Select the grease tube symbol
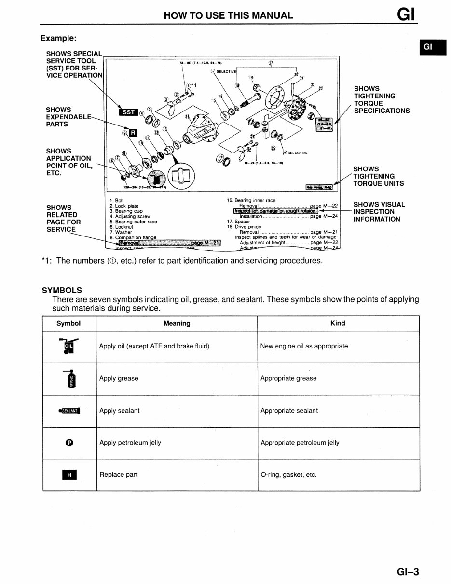(x=70, y=378)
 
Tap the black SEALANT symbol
(x=69, y=411)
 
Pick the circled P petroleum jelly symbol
(x=69, y=443)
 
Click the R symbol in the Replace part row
(x=69, y=475)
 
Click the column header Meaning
(x=177, y=323)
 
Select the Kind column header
(x=338, y=323)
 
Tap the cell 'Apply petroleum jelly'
(x=130, y=443)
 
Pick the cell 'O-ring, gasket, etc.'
(x=288, y=475)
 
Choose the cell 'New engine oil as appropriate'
(x=304, y=346)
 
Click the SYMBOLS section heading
(x=62, y=290)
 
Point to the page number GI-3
(x=408, y=572)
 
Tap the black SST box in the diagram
(x=128, y=112)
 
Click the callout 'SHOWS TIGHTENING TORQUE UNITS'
(x=379, y=176)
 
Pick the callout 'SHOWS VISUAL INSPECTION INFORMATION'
(x=379, y=212)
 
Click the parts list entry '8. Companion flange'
(x=133, y=237)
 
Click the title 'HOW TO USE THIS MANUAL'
(x=228, y=15)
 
